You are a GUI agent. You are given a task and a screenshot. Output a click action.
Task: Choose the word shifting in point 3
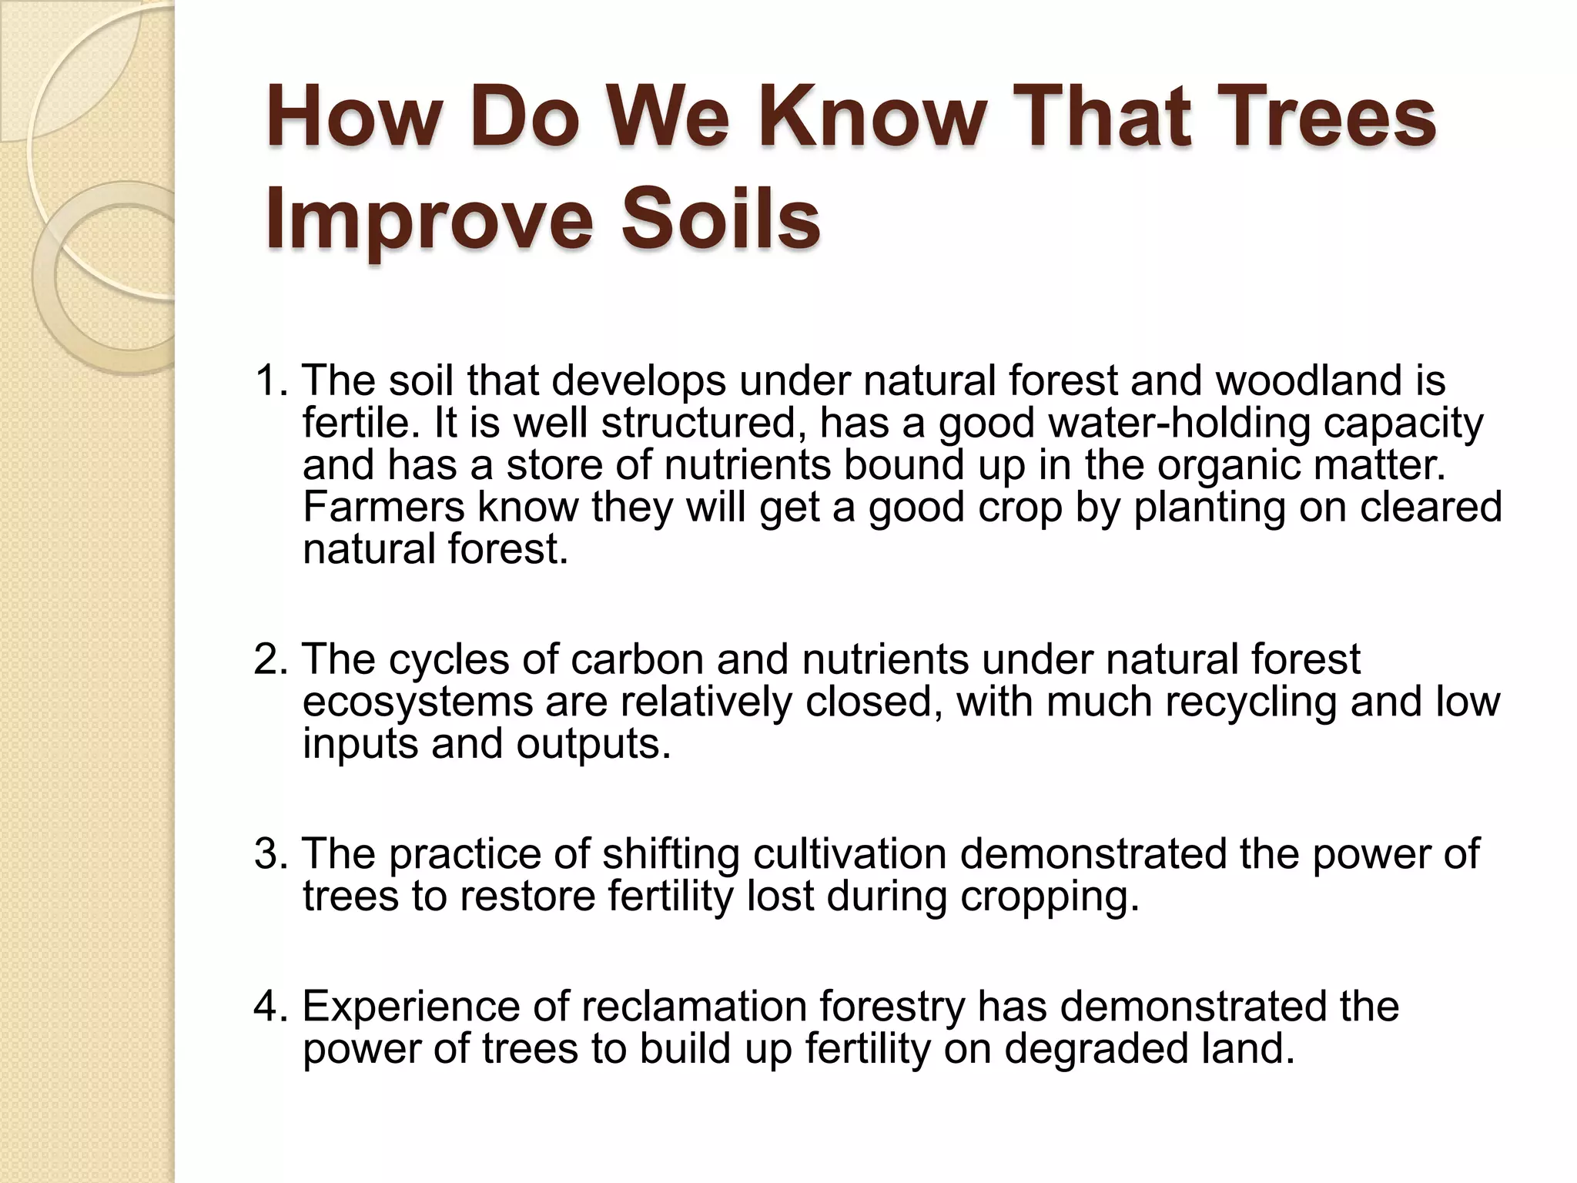[x=670, y=854]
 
